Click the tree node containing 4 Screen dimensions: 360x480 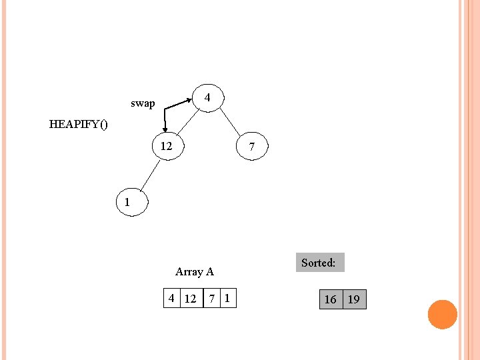207,98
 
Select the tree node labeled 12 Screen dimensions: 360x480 167,146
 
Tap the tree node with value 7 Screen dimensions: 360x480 252,147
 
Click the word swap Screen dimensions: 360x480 143,103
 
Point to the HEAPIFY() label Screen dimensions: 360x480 78,124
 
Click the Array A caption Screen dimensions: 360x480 194,271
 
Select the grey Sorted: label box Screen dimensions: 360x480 318,263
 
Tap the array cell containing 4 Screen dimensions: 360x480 172,298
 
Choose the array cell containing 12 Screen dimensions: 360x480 191,298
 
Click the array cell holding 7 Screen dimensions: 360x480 211,298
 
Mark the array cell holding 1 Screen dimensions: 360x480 228,298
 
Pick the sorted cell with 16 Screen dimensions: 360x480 330,299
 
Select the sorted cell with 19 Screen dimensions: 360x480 354,299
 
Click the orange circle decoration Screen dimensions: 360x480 442,314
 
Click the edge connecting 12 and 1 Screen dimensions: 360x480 147,177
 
